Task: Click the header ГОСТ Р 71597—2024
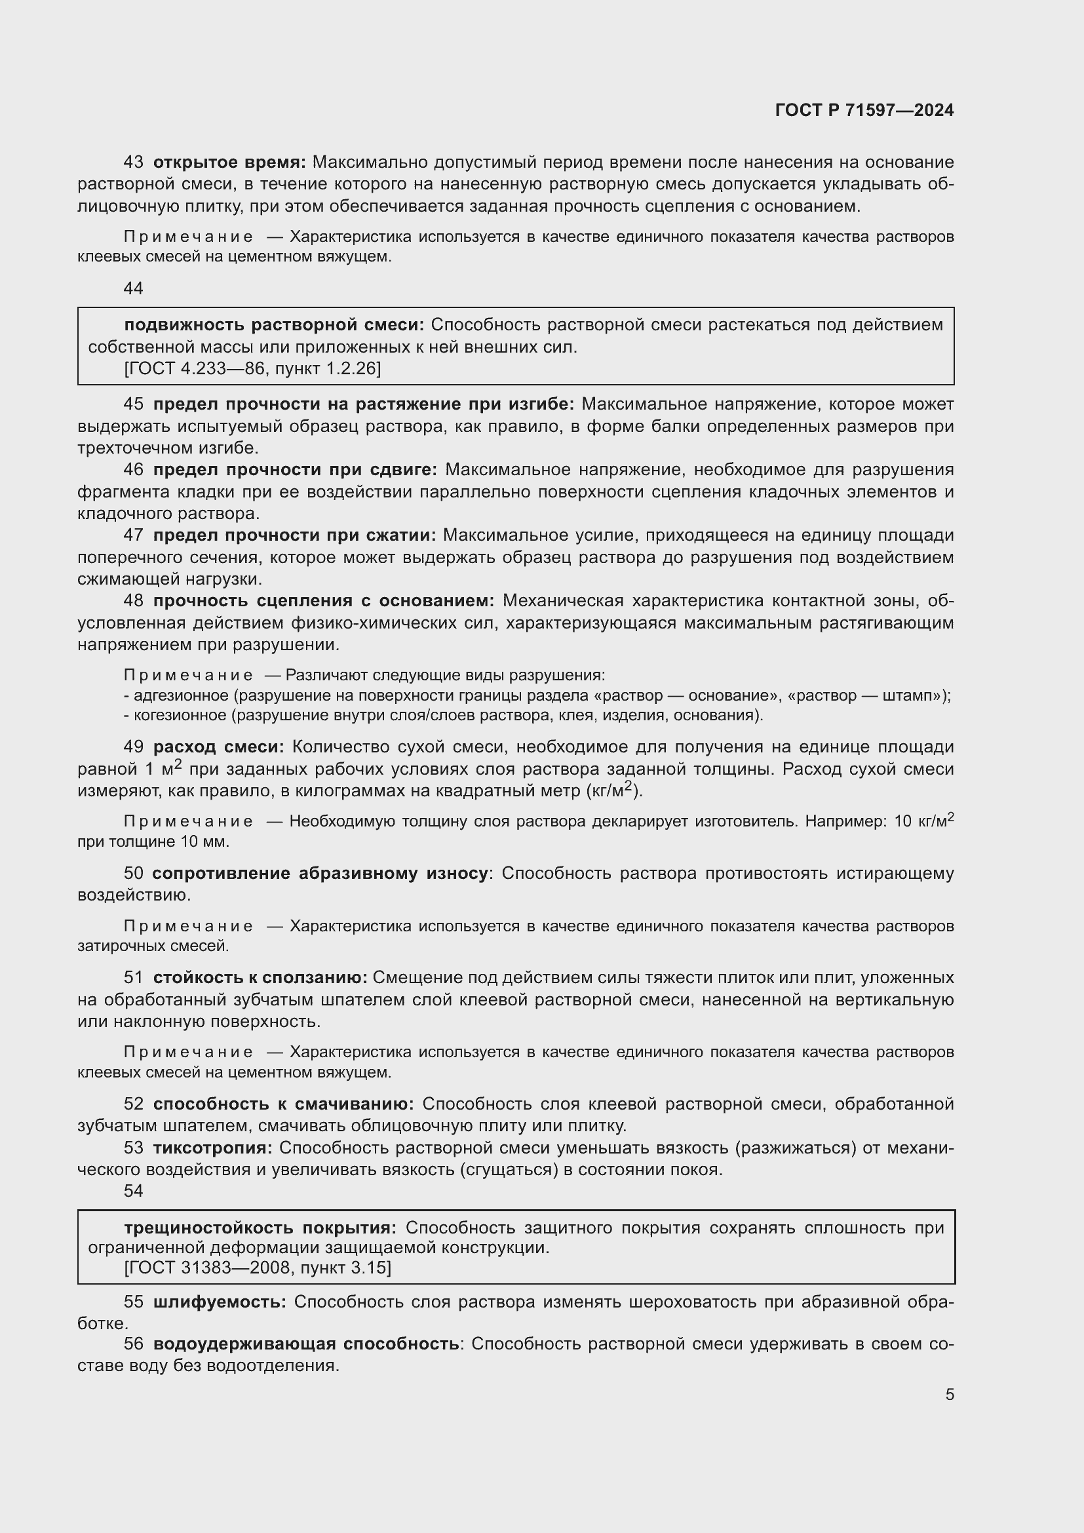[864, 110]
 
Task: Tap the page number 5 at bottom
[950, 1394]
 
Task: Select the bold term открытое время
[229, 163]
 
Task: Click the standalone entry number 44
[134, 288]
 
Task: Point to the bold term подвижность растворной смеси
[274, 325]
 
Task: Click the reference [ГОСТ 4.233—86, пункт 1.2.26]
[252, 368]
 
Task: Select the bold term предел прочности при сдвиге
[294, 470]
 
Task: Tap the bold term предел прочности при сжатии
[294, 535]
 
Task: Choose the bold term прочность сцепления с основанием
[324, 601]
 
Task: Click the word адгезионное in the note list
[181, 696]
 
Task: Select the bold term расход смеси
[218, 747]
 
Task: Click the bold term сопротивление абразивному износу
[320, 873]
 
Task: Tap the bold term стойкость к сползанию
[260, 978]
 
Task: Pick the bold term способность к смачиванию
[283, 1104]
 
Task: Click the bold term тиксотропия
[212, 1148]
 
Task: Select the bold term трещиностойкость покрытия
[260, 1228]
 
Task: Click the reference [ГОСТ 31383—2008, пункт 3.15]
[257, 1268]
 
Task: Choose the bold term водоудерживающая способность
[305, 1344]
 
